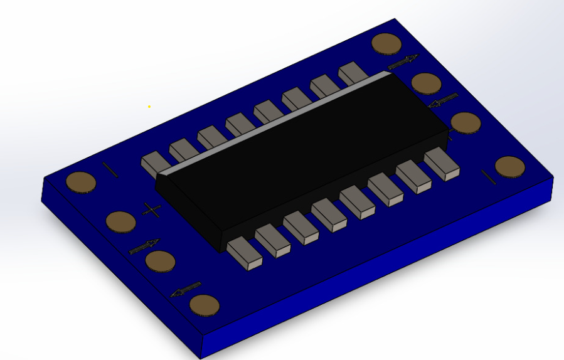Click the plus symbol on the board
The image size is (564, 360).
click(152, 210)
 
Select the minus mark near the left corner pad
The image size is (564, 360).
click(110, 170)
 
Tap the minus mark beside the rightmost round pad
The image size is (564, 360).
click(489, 177)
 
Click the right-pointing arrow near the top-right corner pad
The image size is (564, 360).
click(403, 62)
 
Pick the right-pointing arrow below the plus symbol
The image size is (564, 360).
click(144, 247)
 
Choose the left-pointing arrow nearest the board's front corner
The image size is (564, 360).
click(186, 289)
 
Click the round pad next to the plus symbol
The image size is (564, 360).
click(120, 221)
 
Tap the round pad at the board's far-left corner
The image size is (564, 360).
click(81, 182)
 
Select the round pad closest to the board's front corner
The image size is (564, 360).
click(205, 305)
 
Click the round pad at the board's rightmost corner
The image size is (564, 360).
click(510, 167)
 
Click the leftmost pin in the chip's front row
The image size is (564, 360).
click(244, 254)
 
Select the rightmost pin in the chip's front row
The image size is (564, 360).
click(442, 164)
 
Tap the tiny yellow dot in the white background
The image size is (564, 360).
click(149, 107)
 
